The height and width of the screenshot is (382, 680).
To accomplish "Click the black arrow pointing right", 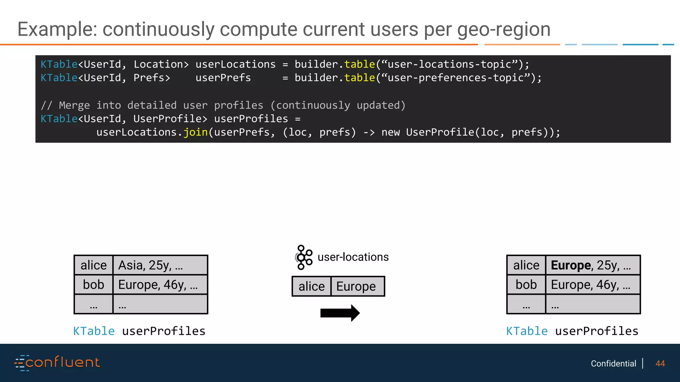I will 340,313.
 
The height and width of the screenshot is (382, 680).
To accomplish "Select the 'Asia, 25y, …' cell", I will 160,265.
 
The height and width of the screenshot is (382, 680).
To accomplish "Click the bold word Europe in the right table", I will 570,265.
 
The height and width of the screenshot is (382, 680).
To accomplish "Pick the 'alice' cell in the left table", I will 94,265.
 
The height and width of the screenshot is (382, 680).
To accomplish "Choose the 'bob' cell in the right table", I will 526,285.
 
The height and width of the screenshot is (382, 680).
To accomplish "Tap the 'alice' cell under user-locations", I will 311,286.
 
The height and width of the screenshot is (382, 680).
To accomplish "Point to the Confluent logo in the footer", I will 57,363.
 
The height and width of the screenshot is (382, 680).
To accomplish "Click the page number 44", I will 660,364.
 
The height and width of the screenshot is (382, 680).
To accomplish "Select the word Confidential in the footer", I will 613,364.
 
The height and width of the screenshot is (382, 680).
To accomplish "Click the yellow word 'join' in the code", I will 196,132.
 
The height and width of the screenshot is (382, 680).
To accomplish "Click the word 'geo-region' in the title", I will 504,30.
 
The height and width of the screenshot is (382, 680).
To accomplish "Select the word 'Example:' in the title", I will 57,30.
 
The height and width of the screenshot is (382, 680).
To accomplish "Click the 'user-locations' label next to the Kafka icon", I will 353,257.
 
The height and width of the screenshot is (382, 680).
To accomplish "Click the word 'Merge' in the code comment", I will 74,105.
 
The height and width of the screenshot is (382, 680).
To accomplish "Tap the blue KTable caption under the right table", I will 527,331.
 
